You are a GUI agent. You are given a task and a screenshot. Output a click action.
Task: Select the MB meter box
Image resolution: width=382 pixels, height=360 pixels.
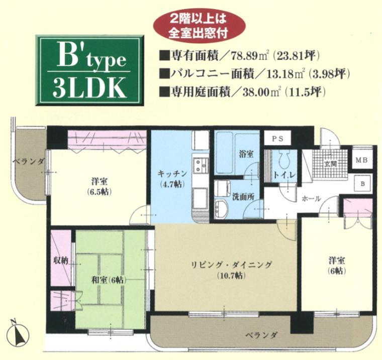361,160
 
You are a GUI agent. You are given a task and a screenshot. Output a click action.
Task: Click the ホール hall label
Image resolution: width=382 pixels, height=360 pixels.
311,199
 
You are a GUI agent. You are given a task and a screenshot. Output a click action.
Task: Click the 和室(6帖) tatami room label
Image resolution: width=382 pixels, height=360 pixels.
111,280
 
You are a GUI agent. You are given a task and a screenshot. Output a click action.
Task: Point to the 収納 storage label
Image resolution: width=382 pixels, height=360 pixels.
61,262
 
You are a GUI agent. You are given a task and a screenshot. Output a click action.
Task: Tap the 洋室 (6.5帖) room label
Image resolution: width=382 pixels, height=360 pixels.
99,185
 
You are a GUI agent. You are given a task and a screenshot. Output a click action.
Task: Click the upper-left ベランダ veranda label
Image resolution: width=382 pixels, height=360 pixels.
29,161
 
